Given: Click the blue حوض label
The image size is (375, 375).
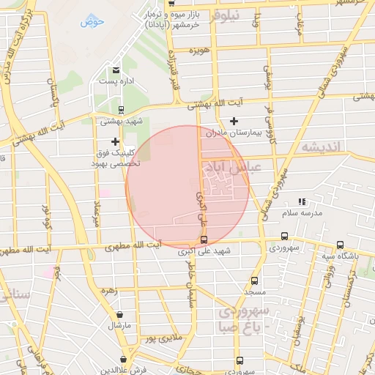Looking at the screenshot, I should tap(93, 21).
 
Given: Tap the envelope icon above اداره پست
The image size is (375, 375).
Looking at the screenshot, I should tap(116, 70).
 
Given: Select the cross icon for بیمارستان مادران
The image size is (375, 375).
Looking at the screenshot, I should tap(234, 121).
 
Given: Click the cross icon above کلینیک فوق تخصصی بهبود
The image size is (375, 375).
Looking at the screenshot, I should tap(115, 141).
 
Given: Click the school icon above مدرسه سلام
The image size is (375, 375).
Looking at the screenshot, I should tap(302, 201).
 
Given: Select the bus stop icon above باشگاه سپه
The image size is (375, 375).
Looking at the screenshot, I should tap(339, 245).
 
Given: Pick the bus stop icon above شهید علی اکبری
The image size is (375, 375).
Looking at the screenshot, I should tap(204, 240).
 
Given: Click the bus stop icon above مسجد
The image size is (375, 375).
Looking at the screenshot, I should tap(254, 281).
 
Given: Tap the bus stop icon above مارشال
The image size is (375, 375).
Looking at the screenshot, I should tap(119, 313).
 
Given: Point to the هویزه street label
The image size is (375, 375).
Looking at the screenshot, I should tap(197, 51).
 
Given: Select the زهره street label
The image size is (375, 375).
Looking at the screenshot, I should tap(110, 291).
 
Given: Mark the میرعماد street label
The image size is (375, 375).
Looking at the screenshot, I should tap(97, 212).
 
